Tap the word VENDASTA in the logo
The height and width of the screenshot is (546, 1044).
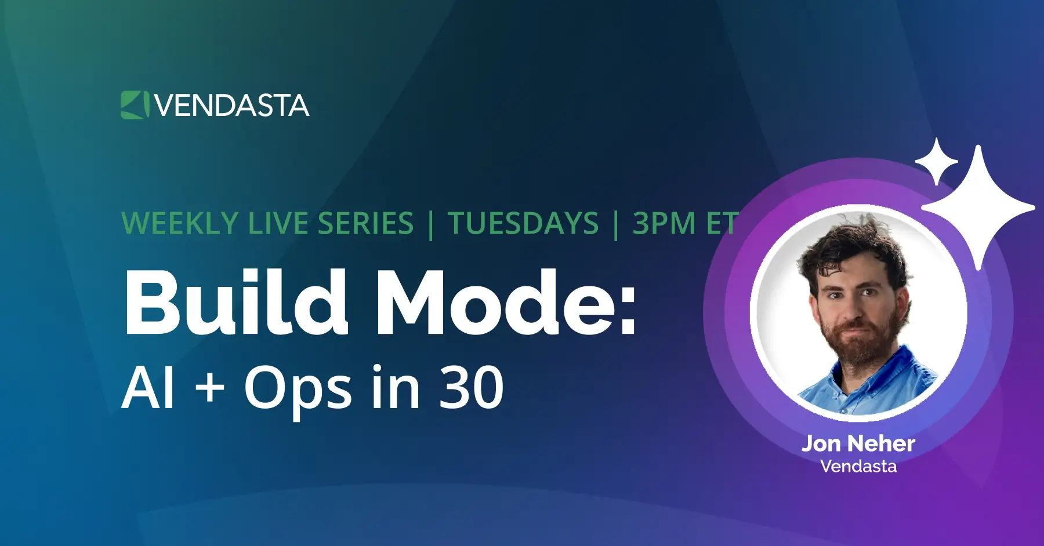(232, 105)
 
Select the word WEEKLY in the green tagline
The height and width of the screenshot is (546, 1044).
(180, 224)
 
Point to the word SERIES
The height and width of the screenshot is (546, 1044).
(365, 224)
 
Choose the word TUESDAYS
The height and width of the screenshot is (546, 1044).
(523, 224)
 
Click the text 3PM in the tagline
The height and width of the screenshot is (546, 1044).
(664, 224)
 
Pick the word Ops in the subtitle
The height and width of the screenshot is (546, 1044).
(298, 392)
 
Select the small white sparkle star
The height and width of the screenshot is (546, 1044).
(936, 162)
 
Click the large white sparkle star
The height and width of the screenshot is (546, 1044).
(978, 208)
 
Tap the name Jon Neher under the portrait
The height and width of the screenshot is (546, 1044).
(858, 444)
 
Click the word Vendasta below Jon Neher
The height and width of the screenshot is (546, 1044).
(858, 467)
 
